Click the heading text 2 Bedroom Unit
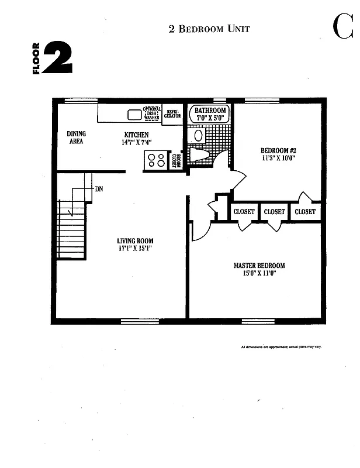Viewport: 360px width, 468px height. click(x=209, y=29)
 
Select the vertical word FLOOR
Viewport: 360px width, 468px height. click(x=36, y=58)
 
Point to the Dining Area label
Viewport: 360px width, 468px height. click(x=76, y=137)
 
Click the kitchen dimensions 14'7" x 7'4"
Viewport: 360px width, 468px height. click(x=137, y=142)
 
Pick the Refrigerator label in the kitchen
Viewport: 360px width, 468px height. click(x=172, y=113)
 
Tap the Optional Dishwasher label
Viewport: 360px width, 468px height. click(x=151, y=113)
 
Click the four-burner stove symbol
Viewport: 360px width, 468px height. click(x=156, y=160)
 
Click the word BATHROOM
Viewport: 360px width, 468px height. click(x=210, y=110)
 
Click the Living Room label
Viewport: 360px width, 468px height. click(x=135, y=240)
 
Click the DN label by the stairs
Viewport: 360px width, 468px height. click(x=99, y=188)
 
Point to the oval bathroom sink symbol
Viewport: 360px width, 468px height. click(x=198, y=135)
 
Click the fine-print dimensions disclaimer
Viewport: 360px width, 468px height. click(x=281, y=347)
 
